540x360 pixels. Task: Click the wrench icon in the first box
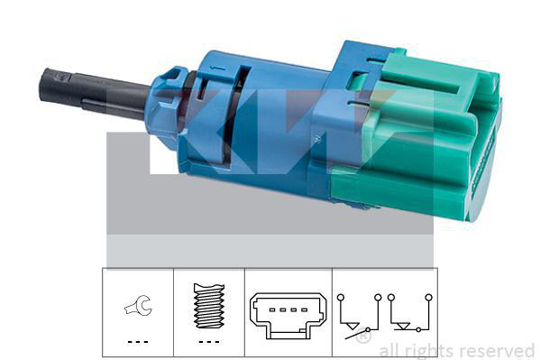[x=138, y=306]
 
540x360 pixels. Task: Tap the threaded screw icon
[x=209, y=306]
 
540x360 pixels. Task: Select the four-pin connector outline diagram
[x=288, y=315]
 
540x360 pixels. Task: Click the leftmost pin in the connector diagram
[x=272, y=309]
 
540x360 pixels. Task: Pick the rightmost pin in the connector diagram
[x=304, y=309]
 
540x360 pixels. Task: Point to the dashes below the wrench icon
[x=138, y=342]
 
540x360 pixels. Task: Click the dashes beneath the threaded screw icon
[x=209, y=342]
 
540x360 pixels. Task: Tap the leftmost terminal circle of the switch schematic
[x=340, y=297]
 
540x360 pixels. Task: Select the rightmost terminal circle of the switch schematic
[x=428, y=297]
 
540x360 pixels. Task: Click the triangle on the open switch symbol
[x=352, y=326]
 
